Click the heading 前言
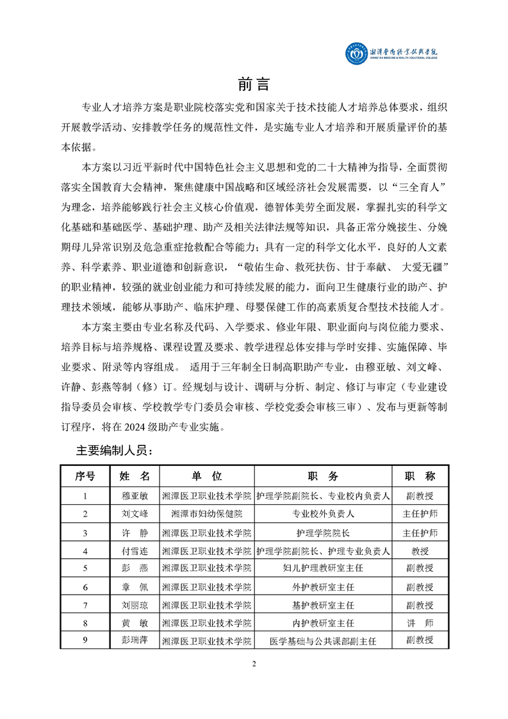254,84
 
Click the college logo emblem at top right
355,54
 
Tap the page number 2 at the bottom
254,663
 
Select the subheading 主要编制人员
115,450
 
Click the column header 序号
85,476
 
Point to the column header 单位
206,476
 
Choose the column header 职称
420,476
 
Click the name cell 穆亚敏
135,495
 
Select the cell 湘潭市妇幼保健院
206,514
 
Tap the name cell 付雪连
135,550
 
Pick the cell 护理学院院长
323,533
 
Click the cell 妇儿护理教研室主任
323,568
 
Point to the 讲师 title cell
420,622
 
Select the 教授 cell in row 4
420,550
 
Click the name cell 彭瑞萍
135,640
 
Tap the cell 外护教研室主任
323,587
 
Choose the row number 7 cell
85,605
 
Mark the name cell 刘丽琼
135,605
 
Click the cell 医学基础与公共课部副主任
323,640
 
